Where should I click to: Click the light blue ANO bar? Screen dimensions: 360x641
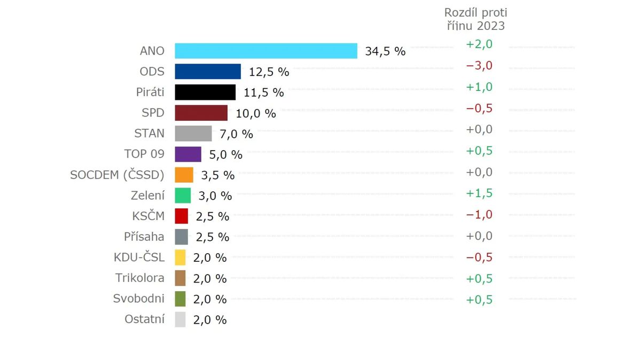(265, 51)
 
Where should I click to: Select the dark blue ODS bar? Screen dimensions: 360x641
(208, 72)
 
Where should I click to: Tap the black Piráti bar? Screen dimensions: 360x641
(205, 92)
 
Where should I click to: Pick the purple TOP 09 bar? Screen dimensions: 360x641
(188, 154)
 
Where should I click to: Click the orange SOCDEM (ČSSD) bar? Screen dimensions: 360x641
(184, 175)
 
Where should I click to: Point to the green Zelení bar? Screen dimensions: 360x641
(183, 195)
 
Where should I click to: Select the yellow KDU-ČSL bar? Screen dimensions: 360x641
(180, 257)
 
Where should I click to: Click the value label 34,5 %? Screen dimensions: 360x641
(385, 51)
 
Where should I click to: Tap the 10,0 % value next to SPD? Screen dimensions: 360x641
(255, 113)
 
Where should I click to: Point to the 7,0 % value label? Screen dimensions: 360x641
(236, 134)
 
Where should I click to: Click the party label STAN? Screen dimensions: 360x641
(149, 133)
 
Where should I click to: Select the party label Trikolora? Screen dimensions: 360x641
(140, 278)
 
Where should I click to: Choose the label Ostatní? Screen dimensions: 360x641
(144, 319)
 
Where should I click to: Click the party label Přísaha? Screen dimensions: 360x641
(144, 236)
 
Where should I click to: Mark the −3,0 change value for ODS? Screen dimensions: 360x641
(479, 65)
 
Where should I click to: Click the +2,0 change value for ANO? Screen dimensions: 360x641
(479, 44)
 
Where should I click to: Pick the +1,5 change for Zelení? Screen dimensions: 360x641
(479, 193)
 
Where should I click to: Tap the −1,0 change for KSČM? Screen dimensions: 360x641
(479, 214)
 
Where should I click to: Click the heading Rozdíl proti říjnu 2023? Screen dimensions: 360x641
(475, 19)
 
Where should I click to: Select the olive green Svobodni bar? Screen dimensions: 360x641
(180, 299)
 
